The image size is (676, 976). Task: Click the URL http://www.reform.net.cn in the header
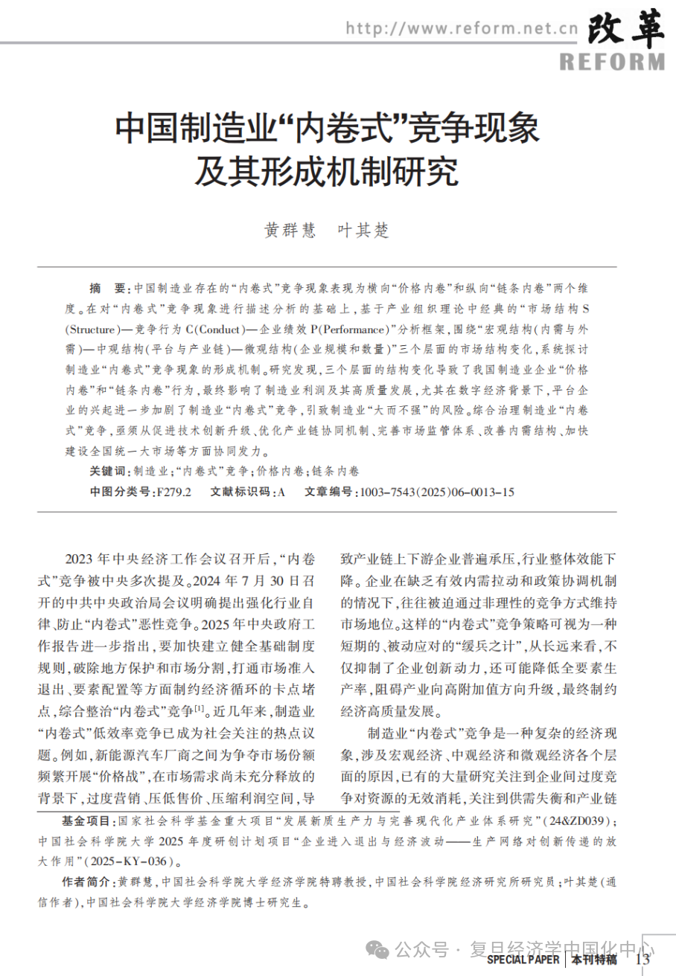click(462, 28)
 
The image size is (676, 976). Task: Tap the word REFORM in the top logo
click(612, 60)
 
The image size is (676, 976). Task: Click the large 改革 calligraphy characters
click(626, 29)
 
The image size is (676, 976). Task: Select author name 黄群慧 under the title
click(287, 231)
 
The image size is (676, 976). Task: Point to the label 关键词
click(109, 472)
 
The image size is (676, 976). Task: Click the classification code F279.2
click(173, 492)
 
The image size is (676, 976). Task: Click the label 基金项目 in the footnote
click(88, 821)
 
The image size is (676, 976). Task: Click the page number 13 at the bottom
click(642, 960)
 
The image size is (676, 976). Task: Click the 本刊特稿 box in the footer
click(593, 960)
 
